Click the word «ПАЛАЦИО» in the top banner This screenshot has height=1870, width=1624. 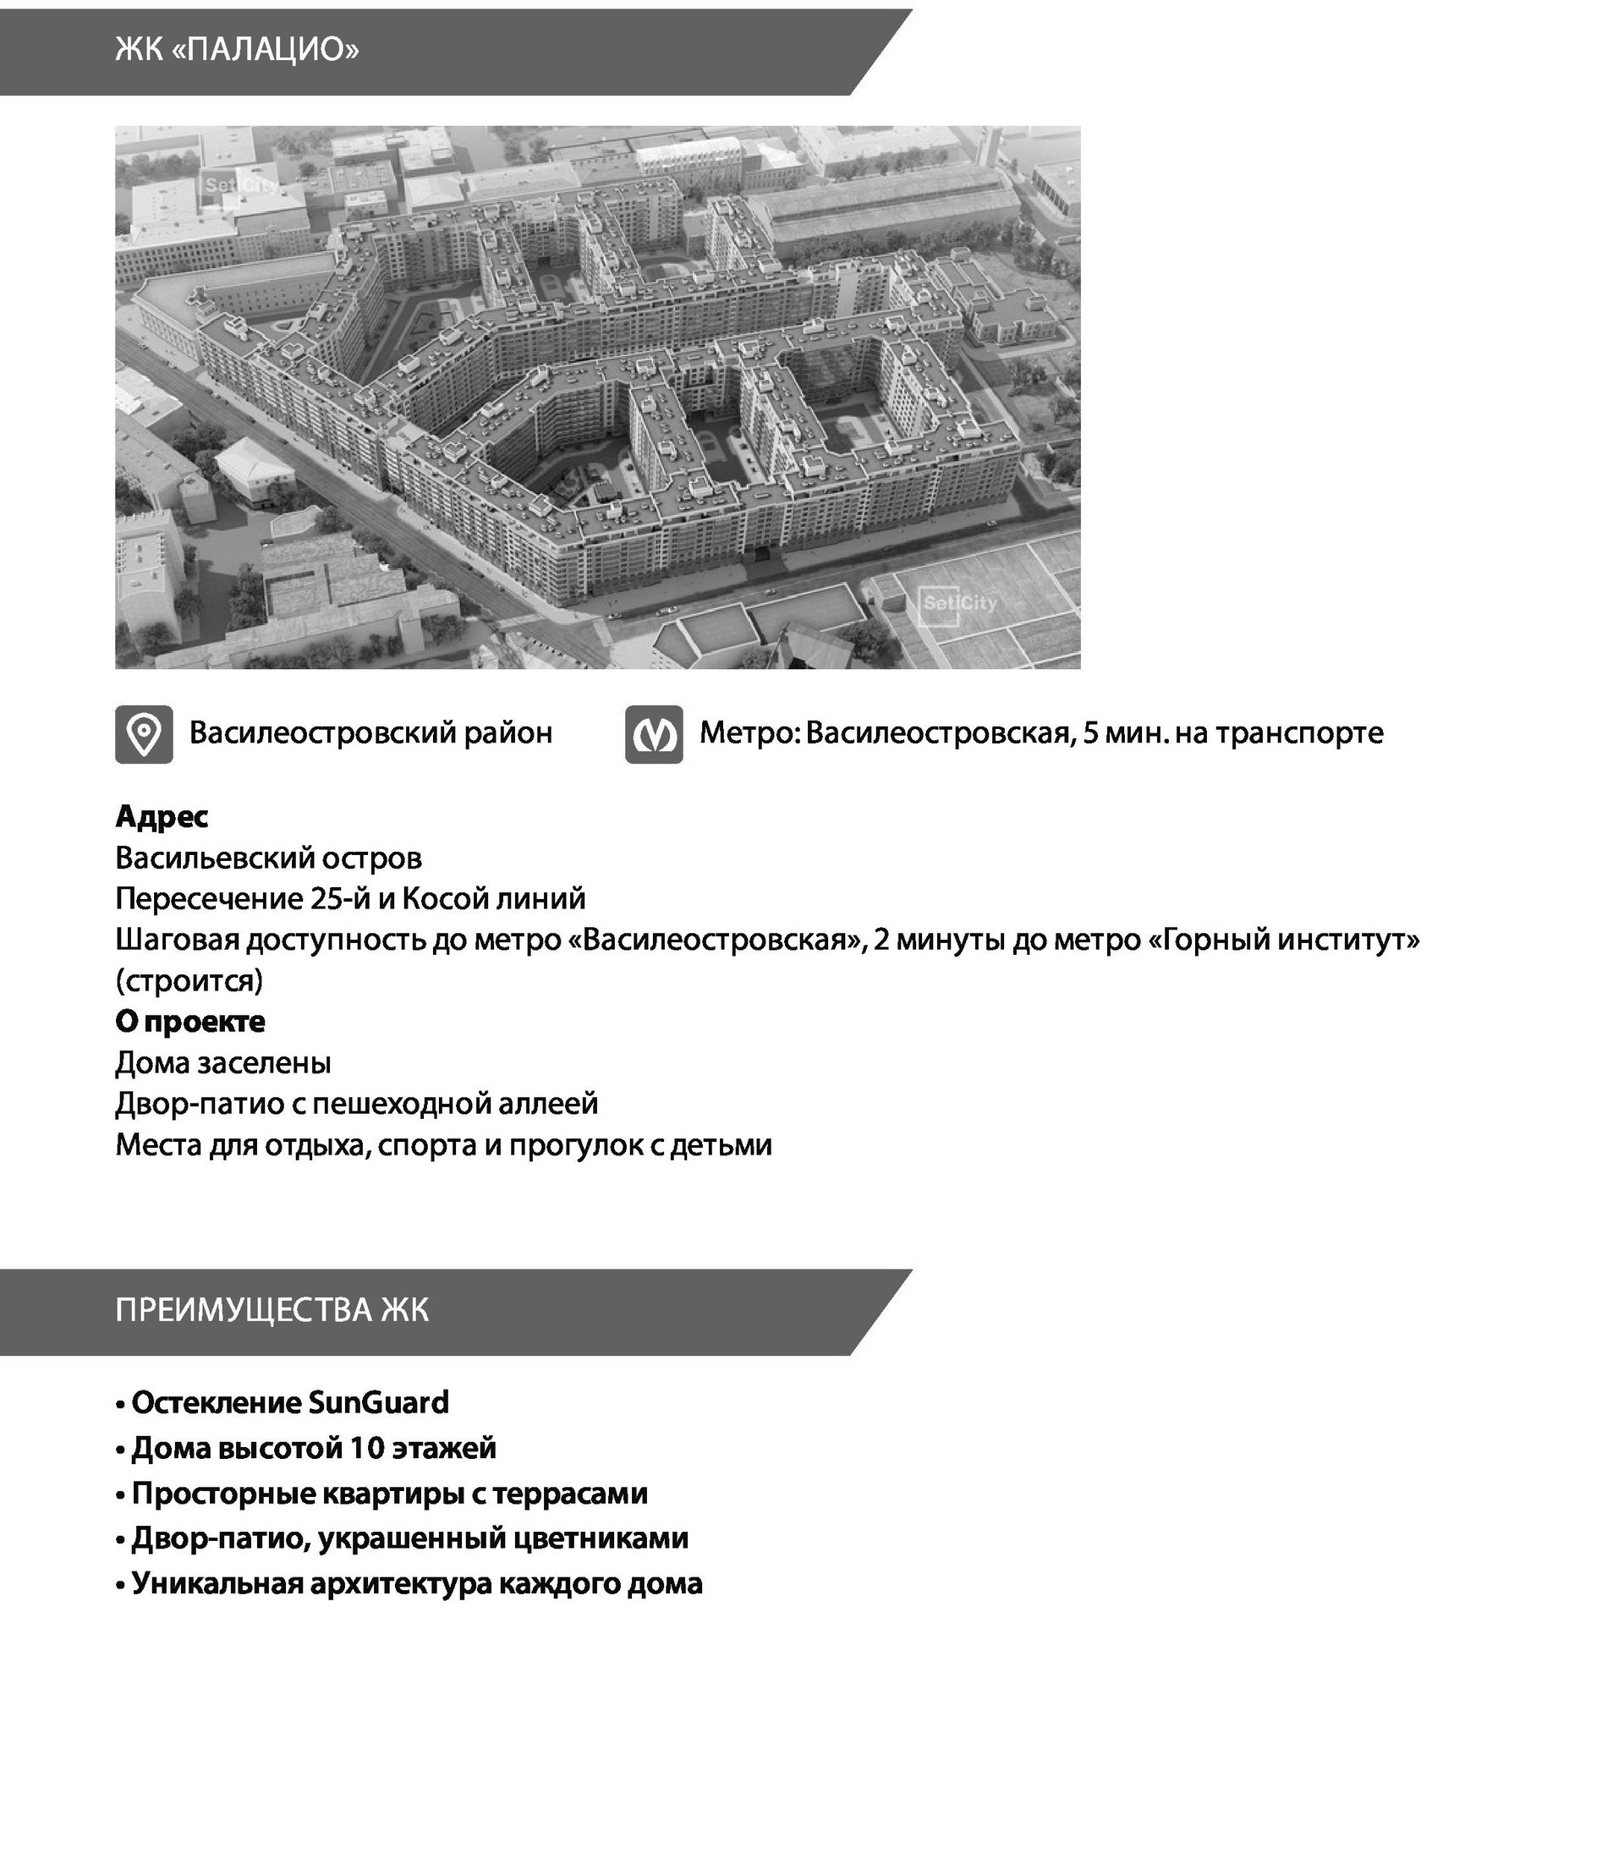264,49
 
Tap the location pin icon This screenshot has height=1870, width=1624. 144,734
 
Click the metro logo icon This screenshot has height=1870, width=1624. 653,735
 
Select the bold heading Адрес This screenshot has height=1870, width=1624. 162,816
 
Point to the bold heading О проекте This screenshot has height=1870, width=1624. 190,1021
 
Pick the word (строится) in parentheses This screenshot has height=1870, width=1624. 189,980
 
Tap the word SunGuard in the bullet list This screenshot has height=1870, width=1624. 379,1402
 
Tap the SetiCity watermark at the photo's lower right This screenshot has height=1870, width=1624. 959,603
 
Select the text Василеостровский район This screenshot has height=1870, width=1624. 370,732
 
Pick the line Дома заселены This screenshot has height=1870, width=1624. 223,1061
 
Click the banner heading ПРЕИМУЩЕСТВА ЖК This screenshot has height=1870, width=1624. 272,1310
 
